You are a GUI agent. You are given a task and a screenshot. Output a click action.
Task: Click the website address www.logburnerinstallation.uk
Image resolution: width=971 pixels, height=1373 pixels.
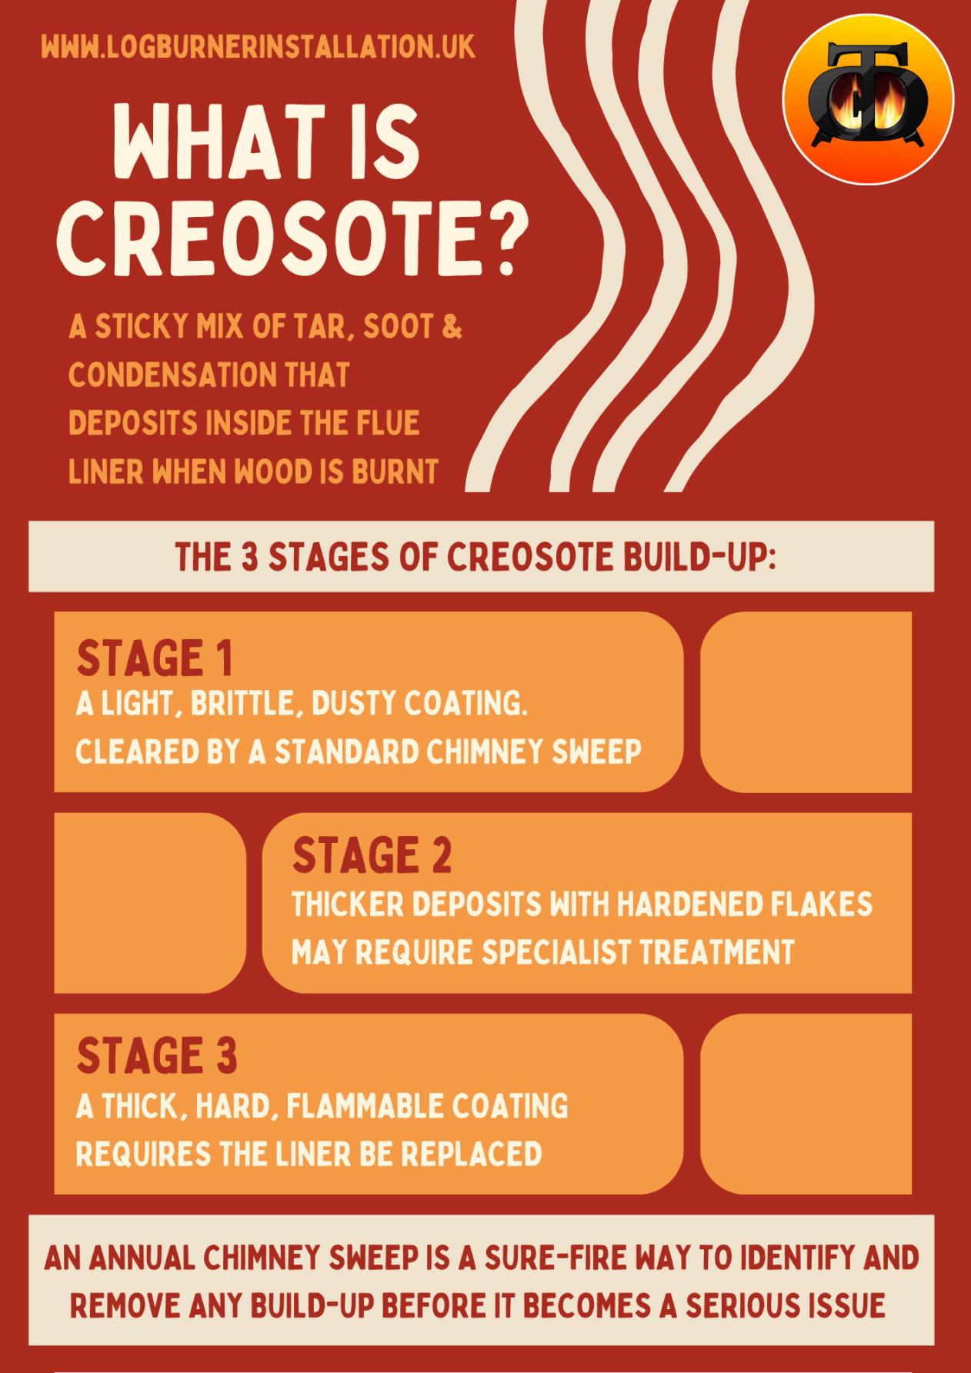258,48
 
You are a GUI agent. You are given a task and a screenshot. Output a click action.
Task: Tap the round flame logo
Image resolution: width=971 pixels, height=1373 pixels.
868,99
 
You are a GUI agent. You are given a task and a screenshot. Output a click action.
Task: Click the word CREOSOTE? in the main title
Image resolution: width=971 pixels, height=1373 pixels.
292,238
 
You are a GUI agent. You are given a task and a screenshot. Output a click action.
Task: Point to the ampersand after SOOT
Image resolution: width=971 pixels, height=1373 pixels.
452,327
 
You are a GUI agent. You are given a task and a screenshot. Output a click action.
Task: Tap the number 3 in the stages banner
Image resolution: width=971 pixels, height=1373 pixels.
249,557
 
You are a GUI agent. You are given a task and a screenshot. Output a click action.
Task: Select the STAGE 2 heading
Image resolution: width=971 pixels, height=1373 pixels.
372,855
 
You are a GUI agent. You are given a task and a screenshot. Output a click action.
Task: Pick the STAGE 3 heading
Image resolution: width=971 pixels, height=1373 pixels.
157,1055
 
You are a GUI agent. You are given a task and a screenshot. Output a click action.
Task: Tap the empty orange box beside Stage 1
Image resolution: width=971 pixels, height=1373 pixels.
806,701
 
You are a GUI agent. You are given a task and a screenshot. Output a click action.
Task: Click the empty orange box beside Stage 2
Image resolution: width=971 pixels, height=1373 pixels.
150,903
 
